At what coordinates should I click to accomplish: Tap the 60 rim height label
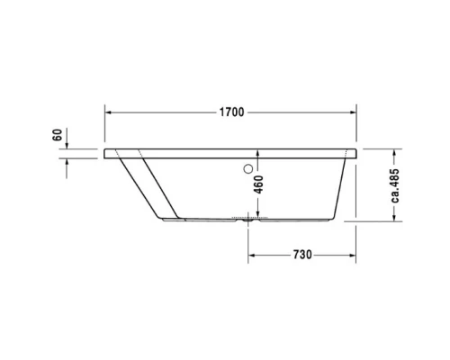click(57, 137)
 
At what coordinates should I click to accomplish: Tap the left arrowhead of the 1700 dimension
click(110, 112)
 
